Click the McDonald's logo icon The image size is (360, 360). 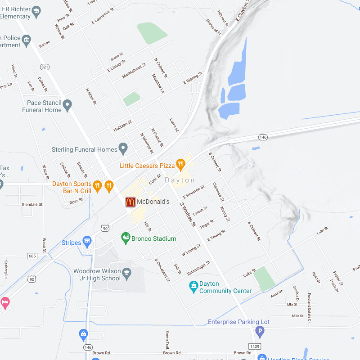(130, 202)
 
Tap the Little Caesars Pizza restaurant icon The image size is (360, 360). (180, 164)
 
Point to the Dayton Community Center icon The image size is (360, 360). (193, 285)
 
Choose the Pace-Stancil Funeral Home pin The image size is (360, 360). (67, 106)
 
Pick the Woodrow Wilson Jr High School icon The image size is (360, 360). (127, 273)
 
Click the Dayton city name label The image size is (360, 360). (180, 180)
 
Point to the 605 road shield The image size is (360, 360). (32, 256)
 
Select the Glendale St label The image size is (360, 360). (32, 204)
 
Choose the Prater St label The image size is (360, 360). (338, 278)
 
